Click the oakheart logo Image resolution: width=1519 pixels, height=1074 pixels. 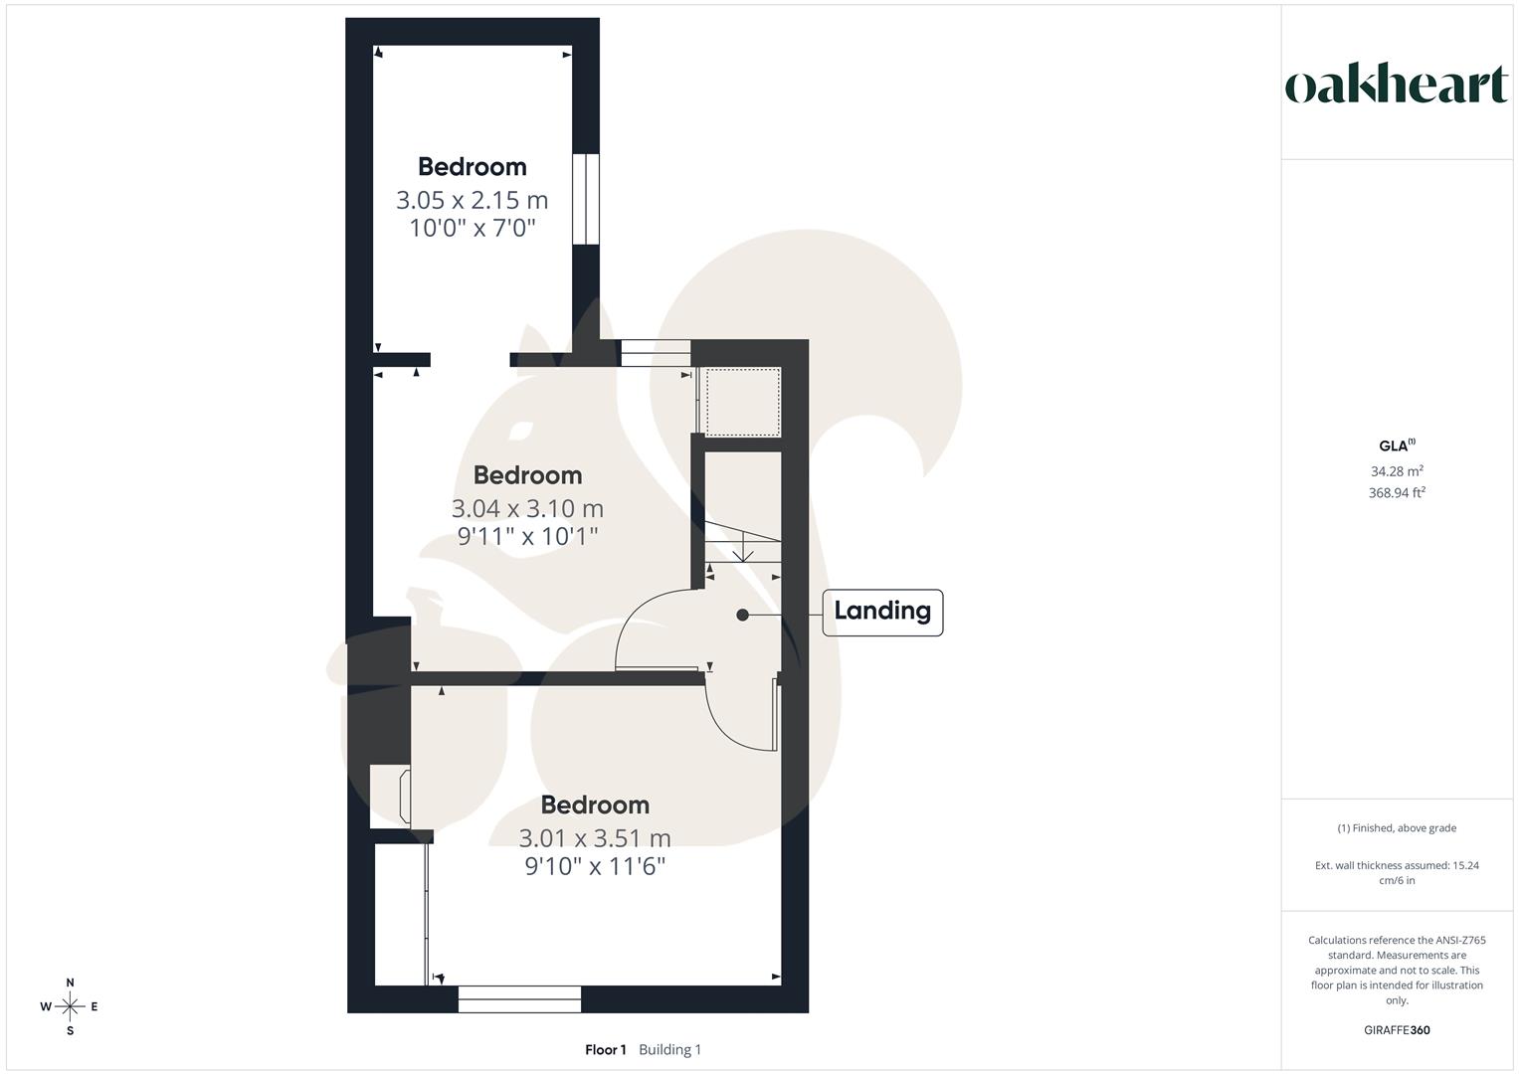pos(1397,85)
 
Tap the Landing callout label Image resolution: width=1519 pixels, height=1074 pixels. pos(881,611)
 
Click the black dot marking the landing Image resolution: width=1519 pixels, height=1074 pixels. pos(742,615)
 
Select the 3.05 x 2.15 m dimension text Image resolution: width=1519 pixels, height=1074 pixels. pos(473,200)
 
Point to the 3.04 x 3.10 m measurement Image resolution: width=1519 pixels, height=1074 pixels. pos(527,508)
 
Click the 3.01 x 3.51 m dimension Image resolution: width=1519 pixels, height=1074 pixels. pos(595,838)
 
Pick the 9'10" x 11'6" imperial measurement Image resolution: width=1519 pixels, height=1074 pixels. pos(595,866)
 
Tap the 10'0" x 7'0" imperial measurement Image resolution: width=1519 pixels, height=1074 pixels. pos(473,228)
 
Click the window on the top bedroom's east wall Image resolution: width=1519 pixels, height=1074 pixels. pos(586,198)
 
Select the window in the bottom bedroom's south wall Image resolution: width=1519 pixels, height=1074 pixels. pos(519,998)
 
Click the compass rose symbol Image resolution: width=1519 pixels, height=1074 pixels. pos(70,1006)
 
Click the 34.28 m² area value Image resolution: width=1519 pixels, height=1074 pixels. pos(1397,471)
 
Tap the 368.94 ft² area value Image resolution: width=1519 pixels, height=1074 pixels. pos(1397,492)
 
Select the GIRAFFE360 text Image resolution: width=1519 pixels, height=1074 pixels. pos(1397,1030)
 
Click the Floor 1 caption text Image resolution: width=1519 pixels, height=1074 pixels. pos(606,1049)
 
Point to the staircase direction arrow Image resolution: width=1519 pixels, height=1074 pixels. pos(742,545)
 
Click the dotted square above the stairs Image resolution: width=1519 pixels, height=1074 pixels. pos(742,401)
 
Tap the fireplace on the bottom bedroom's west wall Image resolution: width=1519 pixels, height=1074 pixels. pos(389,796)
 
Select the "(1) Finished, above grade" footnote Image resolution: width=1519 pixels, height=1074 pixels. pos(1397,828)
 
